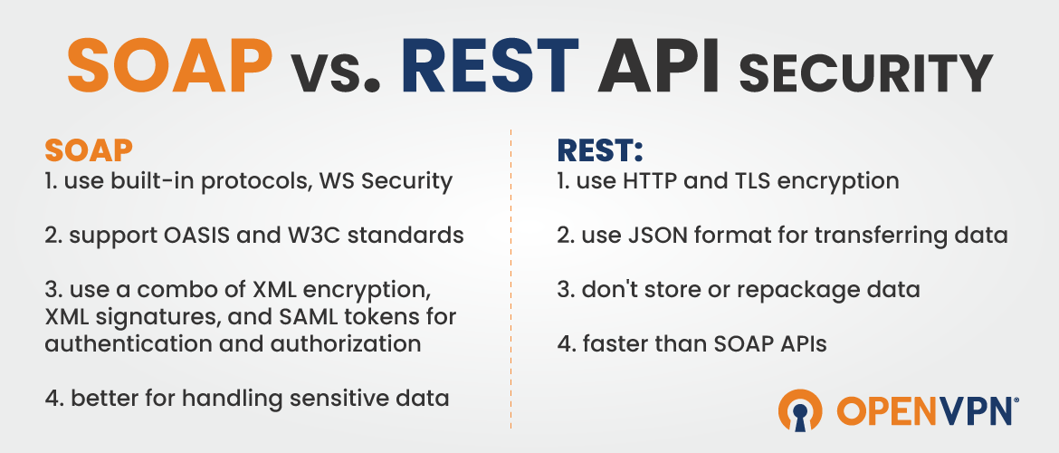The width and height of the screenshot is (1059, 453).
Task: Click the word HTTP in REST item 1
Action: [652, 181]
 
